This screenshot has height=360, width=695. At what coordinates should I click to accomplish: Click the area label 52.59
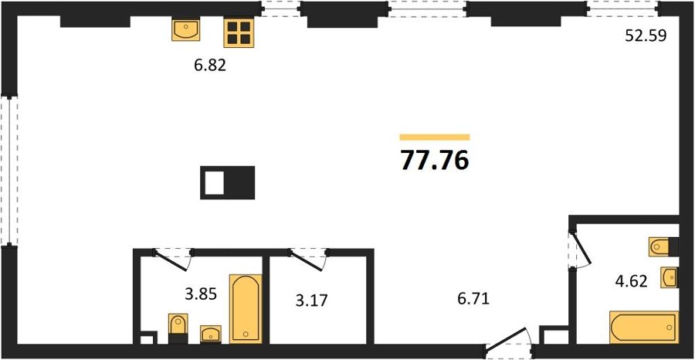(646, 36)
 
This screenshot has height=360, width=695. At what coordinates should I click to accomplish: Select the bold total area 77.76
(434, 160)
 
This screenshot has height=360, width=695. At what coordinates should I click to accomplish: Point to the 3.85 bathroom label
(202, 293)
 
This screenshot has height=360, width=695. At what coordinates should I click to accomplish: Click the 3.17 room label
(312, 301)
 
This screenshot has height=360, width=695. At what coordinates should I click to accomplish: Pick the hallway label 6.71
(473, 301)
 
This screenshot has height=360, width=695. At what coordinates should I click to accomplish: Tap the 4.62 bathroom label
(631, 280)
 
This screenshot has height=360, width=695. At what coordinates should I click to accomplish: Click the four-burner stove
(239, 32)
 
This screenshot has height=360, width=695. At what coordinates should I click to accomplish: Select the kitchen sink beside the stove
(185, 30)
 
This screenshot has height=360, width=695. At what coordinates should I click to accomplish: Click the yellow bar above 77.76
(434, 137)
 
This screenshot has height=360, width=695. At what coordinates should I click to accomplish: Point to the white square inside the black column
(214, 182)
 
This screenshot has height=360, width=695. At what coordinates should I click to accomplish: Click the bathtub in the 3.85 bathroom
(245, 308)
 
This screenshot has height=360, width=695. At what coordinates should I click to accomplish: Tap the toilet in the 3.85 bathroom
(178, 328)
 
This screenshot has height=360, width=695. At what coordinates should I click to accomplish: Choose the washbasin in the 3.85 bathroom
(211, 334)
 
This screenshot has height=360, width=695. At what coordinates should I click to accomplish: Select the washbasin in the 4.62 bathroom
(670, 277)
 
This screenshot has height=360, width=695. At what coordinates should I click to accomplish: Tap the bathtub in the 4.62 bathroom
(644, 328)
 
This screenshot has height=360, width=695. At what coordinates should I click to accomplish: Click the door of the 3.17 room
(307, 260)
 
